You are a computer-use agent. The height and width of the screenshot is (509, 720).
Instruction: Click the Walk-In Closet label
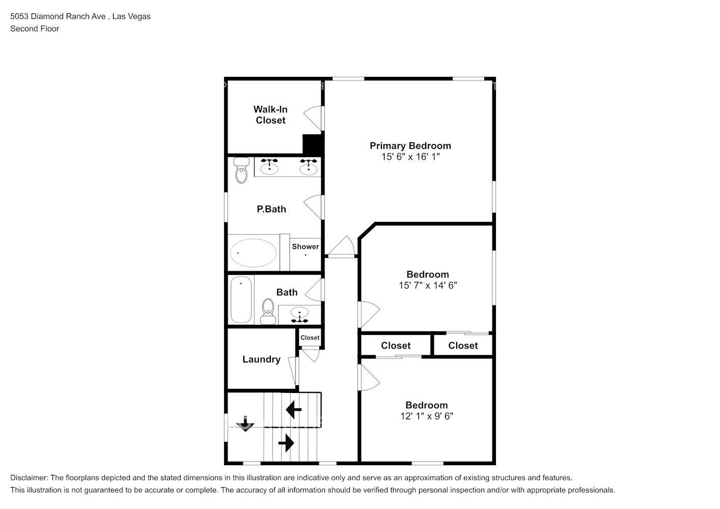[x=270, y=115]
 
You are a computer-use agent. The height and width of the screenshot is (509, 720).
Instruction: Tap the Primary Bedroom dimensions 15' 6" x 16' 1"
[x=410, y=157]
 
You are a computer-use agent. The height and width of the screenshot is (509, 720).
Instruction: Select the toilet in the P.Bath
[x=240, y=171]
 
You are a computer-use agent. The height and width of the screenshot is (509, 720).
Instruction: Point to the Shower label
[x=306, y=246]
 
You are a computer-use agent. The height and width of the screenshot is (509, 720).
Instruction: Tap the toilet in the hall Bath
[x=267, y=311]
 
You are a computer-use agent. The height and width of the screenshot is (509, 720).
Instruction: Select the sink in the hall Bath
[x=299, y=315]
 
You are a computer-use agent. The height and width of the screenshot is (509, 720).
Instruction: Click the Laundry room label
[x=261, y=359]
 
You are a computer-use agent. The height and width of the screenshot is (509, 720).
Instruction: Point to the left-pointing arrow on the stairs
[x=293, y=409]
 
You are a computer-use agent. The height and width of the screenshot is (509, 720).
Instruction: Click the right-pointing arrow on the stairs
[x=287, y=443]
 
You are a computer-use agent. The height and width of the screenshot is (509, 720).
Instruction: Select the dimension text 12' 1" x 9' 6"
[x=427, y=416]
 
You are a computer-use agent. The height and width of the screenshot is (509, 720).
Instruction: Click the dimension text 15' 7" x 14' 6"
[x=428, y=286]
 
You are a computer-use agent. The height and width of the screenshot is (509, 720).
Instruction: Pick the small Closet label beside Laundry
[x=310, y=337]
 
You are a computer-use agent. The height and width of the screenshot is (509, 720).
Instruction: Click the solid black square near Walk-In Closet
[x=313, y=144]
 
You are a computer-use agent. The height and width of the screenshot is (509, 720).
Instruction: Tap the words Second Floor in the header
[x=35, y=29]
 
